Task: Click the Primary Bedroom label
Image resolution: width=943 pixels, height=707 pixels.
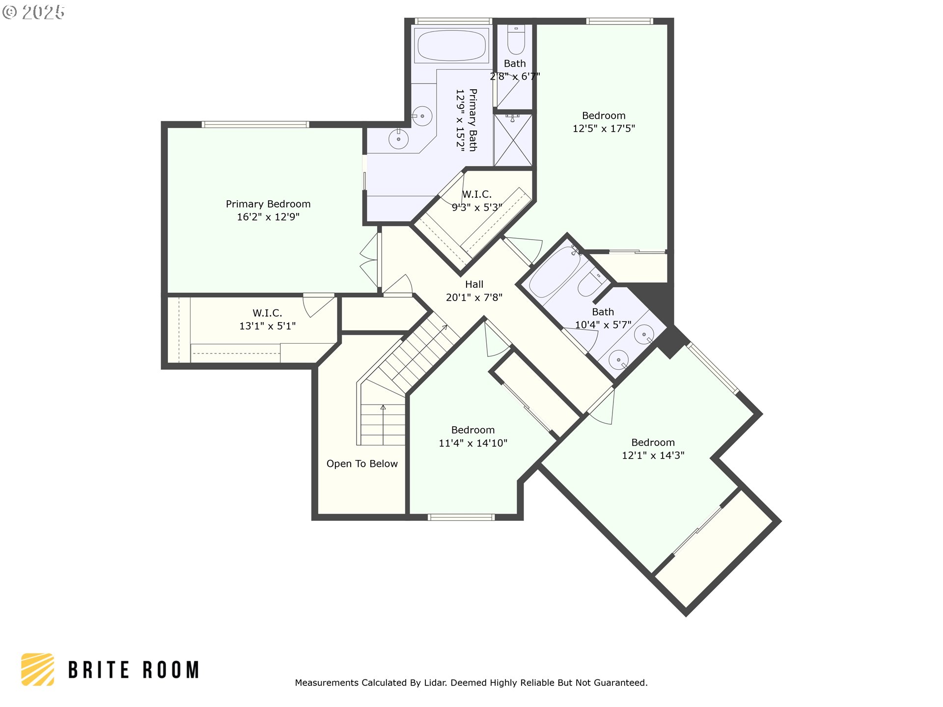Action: [x=268, y=204]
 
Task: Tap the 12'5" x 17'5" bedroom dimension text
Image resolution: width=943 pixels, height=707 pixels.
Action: [x=604, y=129]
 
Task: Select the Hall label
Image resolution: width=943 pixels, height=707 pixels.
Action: [x=474, y=284]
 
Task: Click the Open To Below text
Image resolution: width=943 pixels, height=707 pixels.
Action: [x=362, y=463]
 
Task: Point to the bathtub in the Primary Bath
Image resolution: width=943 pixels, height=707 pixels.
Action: [x=451, y=45]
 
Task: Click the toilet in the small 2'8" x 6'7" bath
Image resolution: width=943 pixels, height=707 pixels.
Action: [x=516, y=39]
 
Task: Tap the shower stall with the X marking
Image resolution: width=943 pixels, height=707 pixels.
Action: [x=513, y=140]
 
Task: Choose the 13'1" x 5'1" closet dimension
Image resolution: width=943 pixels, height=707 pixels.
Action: [x=267, y=326]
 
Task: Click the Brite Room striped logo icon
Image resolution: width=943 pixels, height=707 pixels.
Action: [x=37, y=669]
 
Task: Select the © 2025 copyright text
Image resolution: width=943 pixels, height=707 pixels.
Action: [x=33, y=12]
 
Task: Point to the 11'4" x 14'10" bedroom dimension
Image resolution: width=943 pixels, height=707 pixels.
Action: [x=473, y=443]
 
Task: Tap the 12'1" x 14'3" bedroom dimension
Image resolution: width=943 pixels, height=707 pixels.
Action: [x=653, y=455]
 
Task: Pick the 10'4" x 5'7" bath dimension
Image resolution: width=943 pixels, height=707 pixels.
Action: [x=603, y=325]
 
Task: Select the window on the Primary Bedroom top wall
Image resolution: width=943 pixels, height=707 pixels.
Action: [x=255, y=124]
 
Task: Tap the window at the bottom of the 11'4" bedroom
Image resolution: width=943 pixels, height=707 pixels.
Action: [x=461, y=517]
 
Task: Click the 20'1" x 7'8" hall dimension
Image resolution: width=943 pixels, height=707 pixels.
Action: [x=474, y=297]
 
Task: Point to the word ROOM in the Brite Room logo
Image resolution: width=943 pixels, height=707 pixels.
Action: [x=171, y=670]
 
